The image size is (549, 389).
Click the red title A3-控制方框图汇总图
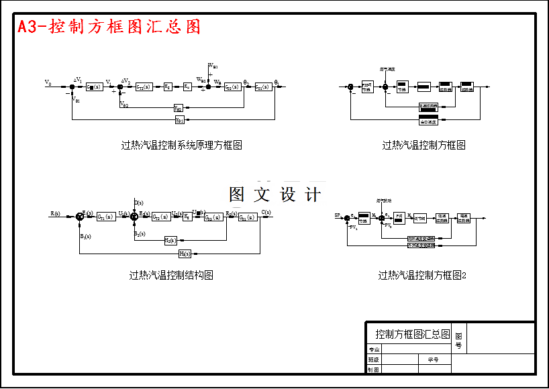point(109,27)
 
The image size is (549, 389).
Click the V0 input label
point(48,82)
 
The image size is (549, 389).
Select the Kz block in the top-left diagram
point(167,87)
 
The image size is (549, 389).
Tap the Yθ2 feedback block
point(179,108)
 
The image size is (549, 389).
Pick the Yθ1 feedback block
point(179,120)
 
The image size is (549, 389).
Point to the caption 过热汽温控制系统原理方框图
point(181,145)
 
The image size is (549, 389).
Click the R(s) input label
point(55,213)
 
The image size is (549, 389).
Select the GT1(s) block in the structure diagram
point(105,217)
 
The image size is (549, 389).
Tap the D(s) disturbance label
point(138,202)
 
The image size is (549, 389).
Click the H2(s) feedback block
point(170,240)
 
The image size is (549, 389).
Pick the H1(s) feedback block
point(185,254)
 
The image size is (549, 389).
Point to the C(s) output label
point(266,213)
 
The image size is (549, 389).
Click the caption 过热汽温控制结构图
point(171,275)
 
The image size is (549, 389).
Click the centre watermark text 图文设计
point(274,194)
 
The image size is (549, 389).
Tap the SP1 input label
point(339,215)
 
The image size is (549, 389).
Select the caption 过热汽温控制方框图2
point(422,275)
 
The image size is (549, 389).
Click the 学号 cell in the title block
point(433,359)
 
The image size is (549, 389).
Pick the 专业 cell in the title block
point(374,349)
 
